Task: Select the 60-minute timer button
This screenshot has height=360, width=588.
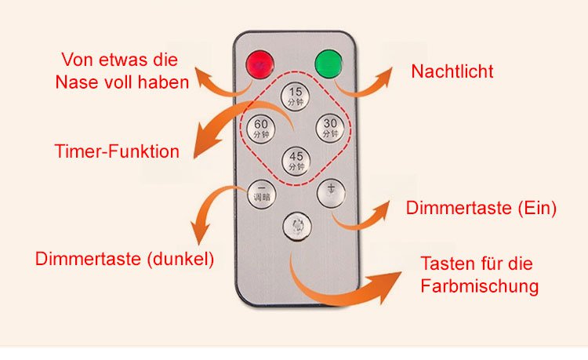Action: click(x=261, y=129)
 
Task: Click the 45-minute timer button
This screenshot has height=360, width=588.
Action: click(x=295, y=160)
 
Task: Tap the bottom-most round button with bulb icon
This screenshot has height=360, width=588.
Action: click(x=296, y=227)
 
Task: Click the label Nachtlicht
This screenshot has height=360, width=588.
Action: click(x=452, y=72)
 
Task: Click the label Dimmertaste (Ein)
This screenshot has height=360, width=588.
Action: click(x=481, y=209)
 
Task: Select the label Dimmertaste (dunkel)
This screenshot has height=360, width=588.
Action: click(x=125, y=259)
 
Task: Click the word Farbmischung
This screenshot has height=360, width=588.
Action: click(x=480, y=285)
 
